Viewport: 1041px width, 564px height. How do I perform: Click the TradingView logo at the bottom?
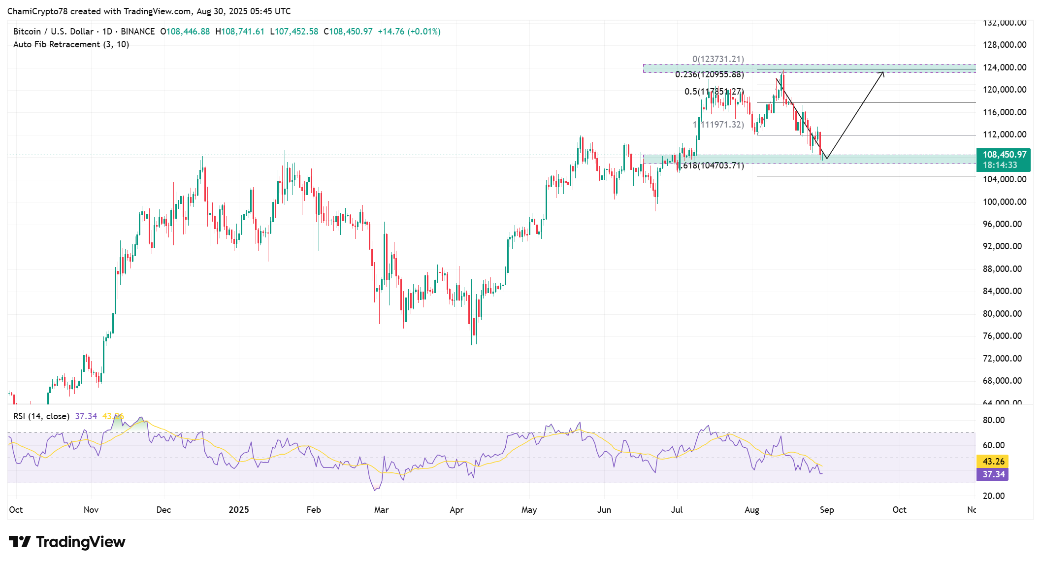tap(67, 542)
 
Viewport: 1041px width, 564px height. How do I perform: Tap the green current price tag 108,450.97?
tap(1004, 155)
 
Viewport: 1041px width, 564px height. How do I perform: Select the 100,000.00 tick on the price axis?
tap(1004, 202)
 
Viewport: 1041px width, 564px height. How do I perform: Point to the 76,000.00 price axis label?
tap(1004, 336)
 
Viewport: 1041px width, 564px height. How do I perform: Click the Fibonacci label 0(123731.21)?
tap(718, 59)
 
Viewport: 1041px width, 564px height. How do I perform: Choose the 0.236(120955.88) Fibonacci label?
tap(709, 74)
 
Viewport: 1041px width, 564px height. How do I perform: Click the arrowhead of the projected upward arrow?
tap(882, 73)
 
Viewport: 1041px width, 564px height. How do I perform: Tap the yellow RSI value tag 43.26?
tap(993, 462)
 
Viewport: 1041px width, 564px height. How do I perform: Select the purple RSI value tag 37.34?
tap(993, 474)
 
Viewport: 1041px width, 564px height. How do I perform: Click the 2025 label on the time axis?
tap(239, 510)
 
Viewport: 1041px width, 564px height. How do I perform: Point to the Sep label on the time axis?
tap(827, 510)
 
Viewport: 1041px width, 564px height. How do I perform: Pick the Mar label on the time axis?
tap(381, 510)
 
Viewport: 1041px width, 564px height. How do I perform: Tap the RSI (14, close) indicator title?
tap(41, 416)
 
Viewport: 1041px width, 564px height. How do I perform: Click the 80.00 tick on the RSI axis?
tap(993, 420)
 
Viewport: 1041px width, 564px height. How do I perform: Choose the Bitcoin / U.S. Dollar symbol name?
tap(53, 32)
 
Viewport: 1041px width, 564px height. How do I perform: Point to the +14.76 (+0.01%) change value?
tap(409, 32)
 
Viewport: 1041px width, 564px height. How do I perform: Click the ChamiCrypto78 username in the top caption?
tap(37, 11)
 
